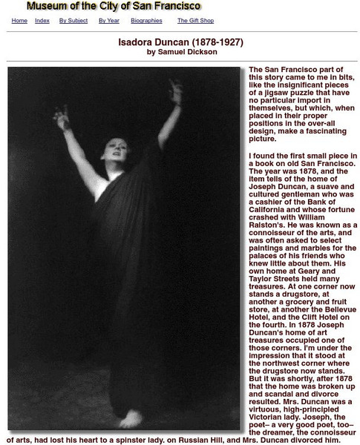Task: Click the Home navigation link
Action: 19,21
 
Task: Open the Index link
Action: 42,21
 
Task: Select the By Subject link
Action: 73,21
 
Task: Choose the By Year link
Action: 109,21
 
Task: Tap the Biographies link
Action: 146,21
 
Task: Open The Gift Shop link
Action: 196,21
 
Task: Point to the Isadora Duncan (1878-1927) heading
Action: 180,42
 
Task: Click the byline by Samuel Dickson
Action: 182,52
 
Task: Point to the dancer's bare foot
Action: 131,420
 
